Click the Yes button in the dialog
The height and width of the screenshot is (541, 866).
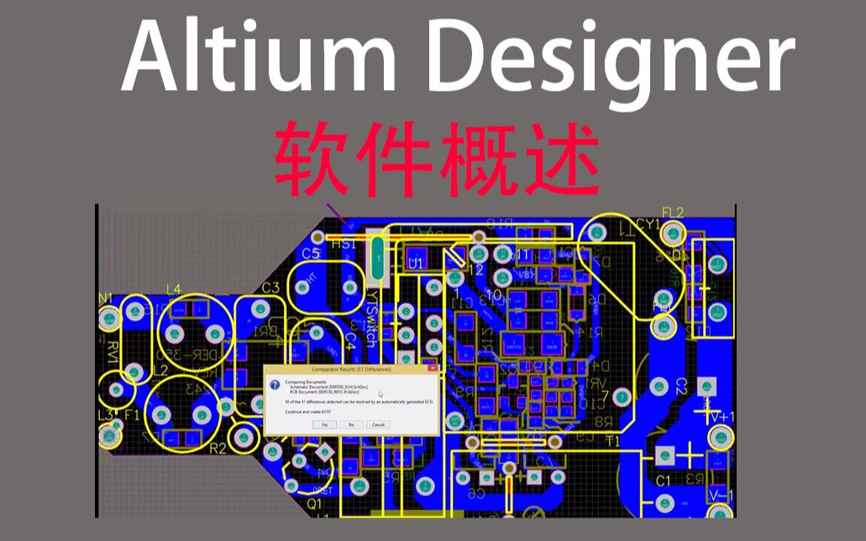coord(324,424)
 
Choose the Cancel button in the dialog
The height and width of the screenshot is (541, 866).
coord(378,424)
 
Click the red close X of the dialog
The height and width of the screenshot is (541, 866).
coord(432,369)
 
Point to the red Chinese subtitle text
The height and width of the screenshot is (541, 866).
coord(437,158)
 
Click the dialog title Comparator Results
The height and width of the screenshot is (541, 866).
coord(351,369)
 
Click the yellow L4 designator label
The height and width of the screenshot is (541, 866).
coord(173,290)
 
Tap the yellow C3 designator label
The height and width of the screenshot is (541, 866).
coord(270,288)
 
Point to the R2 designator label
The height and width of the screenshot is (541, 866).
coord(218,449)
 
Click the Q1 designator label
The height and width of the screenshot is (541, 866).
coord(314,504)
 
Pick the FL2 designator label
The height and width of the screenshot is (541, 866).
coord(673,213)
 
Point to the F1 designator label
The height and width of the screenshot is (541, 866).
coord(132,415)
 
